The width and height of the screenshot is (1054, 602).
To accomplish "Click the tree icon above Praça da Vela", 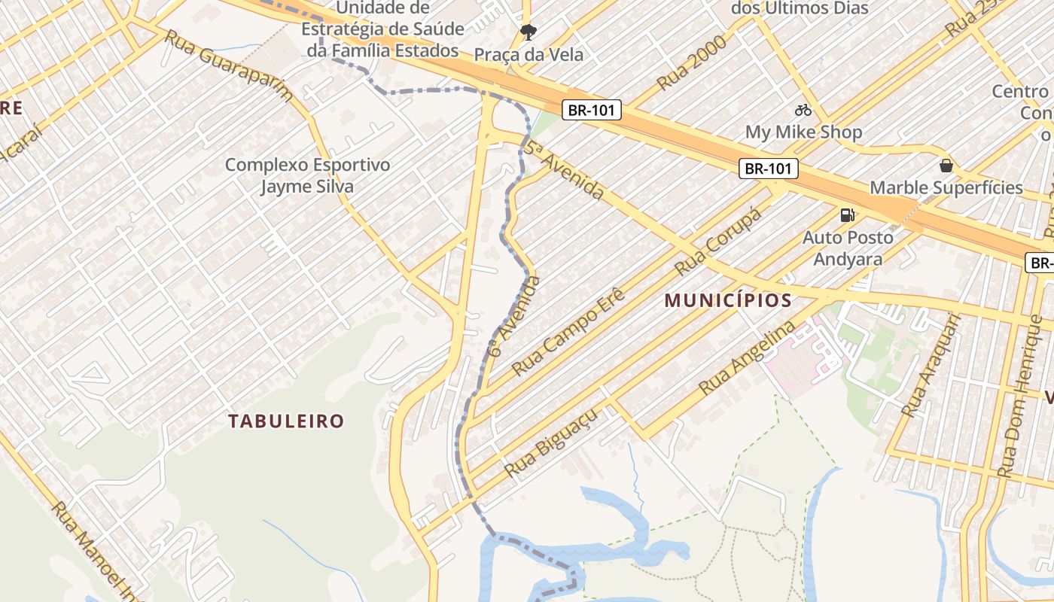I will tap(529, 32).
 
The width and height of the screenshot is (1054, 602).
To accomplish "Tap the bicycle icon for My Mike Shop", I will tap(803, 110).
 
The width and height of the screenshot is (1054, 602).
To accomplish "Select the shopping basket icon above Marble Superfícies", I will tap(946, 166).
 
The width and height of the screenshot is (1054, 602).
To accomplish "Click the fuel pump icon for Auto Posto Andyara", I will tap(847, 215).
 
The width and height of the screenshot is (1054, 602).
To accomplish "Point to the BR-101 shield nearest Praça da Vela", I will tap(592, 110).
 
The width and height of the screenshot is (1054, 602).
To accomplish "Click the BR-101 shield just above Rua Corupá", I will tap(768, 169).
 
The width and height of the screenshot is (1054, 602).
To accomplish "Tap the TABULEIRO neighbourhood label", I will tap(286, 421).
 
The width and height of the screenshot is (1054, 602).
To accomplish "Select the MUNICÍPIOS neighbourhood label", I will tap(728, 301).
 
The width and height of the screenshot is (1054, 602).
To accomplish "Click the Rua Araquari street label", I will tap(931, 366).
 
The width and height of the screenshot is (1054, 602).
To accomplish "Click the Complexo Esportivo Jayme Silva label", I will tap(307, 175).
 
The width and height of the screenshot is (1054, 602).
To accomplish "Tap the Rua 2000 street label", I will tap(693, 62).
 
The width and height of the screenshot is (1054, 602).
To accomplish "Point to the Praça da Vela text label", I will tap(529, 55).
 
